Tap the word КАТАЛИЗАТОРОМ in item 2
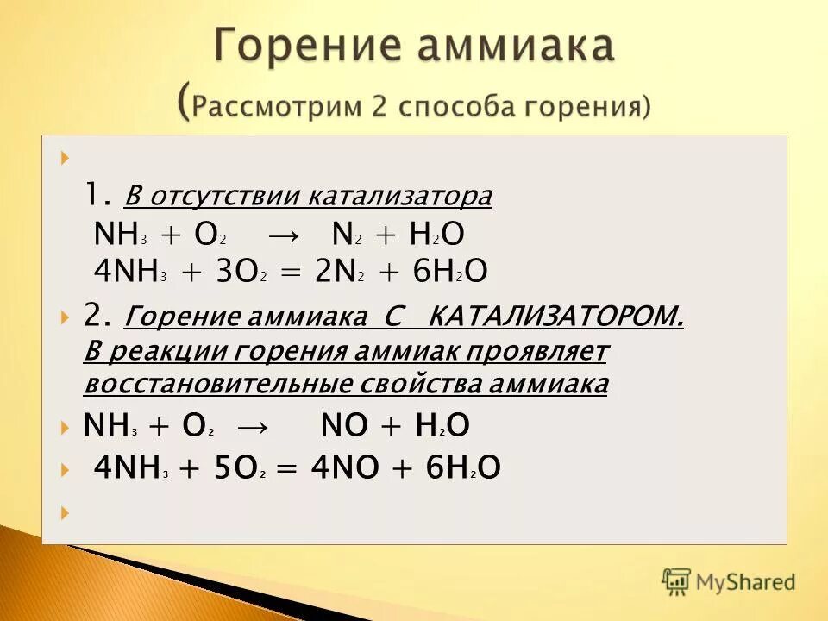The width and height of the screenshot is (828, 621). (x=556, y=318)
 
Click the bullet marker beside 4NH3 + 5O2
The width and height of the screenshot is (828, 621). (x=67, y=468)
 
